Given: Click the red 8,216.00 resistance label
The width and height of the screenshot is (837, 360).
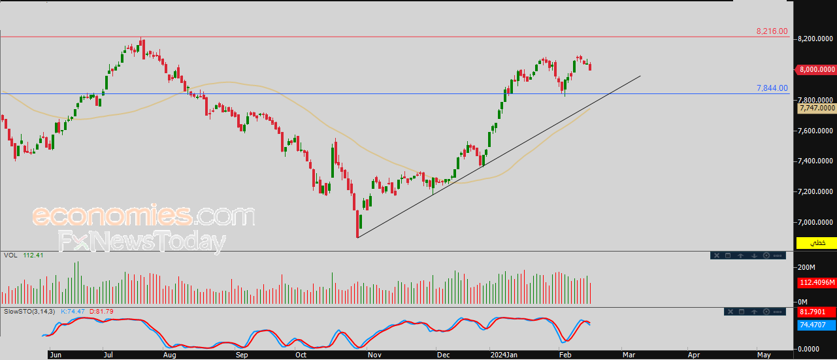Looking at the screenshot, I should click(x=772, y=31).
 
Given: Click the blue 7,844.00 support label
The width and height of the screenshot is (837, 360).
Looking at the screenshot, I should click(x=772, y=88).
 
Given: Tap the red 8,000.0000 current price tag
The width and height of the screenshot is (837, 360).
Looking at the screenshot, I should click(x=816, y=69).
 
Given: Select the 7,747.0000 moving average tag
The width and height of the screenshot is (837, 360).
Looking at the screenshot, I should click(x=817, y=108).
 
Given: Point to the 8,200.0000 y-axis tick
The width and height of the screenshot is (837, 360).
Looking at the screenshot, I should click(x=816, y=39).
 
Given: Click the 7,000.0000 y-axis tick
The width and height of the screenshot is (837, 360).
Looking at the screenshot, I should click(x=816, y=223).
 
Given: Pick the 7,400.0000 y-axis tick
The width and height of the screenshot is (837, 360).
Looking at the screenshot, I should click(x=816, y=161).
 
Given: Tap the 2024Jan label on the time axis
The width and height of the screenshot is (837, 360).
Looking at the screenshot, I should click(x=504, y=355).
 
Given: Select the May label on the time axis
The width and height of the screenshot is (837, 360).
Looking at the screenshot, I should click(x=763, y=355).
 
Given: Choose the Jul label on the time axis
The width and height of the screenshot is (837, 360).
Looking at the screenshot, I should click(x=108, y=355).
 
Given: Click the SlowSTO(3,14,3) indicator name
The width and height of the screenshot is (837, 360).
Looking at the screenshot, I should click(x=29, y=312).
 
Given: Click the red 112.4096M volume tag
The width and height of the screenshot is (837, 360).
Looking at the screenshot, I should click(x=817, y=283).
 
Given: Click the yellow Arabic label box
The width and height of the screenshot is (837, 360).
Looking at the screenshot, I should click(x=817, y=243).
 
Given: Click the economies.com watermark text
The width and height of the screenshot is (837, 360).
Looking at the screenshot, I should click(x=144, y=216).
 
